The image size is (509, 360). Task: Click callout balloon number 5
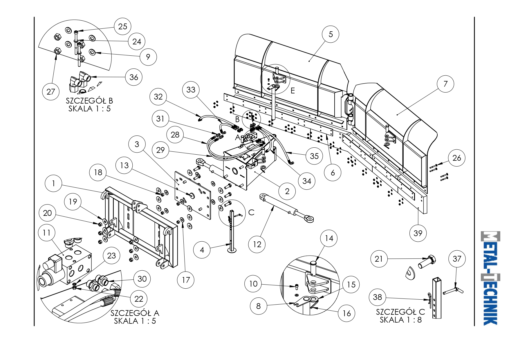(331, 34)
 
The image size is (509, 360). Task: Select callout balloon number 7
(445, 84)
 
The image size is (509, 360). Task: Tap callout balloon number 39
(418, 233)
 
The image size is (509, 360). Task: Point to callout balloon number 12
(257, 244)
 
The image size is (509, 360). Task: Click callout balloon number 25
(122, 26)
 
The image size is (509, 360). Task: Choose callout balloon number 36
(134, 77)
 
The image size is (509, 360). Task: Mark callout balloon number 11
(47, 233)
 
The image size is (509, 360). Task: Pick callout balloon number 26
(456, 158)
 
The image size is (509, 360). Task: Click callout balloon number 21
(379, 259)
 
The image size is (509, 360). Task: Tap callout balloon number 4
(202, 250)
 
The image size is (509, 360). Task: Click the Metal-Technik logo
(490, 278)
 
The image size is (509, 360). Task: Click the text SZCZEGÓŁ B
(89, 101)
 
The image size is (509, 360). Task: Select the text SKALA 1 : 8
(400, 320)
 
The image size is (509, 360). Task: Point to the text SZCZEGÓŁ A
(135, 313)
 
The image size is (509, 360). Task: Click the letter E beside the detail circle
(293, 91)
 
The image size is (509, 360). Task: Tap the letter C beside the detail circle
(251, 212)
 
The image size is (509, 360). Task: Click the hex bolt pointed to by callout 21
(427, 261)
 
